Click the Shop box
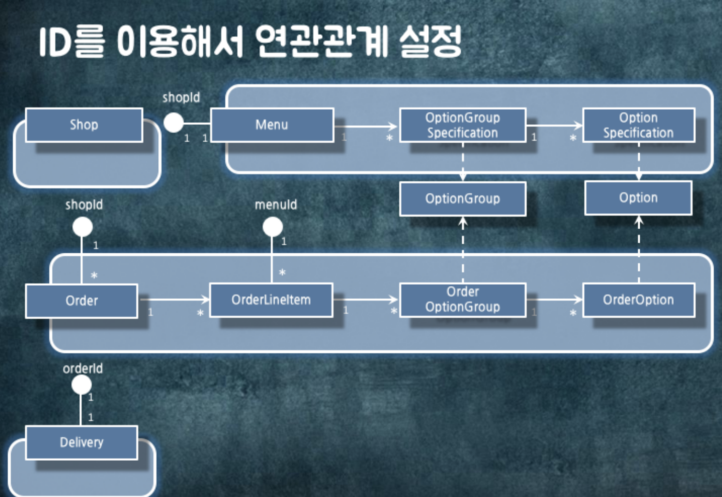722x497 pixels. (84, 125)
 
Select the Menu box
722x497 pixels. (272, 125)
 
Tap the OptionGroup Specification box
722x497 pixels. (463, 125)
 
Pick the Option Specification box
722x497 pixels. (638, 125)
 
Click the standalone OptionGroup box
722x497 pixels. (463, 199)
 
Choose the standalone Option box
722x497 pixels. (638, 198)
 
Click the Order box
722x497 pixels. (81, 301)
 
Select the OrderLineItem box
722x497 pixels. (271, 300)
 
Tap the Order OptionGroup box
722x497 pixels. (463, 300)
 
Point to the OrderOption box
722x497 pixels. (638, 300)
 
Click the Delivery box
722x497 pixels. (81, 442)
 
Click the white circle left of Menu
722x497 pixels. (173, 122)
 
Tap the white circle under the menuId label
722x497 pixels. (272, 227)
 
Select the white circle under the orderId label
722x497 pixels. (81, 385)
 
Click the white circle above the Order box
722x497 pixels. (82, 227)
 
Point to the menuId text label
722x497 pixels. (276, 205)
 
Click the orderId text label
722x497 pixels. (83, 369)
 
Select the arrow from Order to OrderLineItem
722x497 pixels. (174, 300)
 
